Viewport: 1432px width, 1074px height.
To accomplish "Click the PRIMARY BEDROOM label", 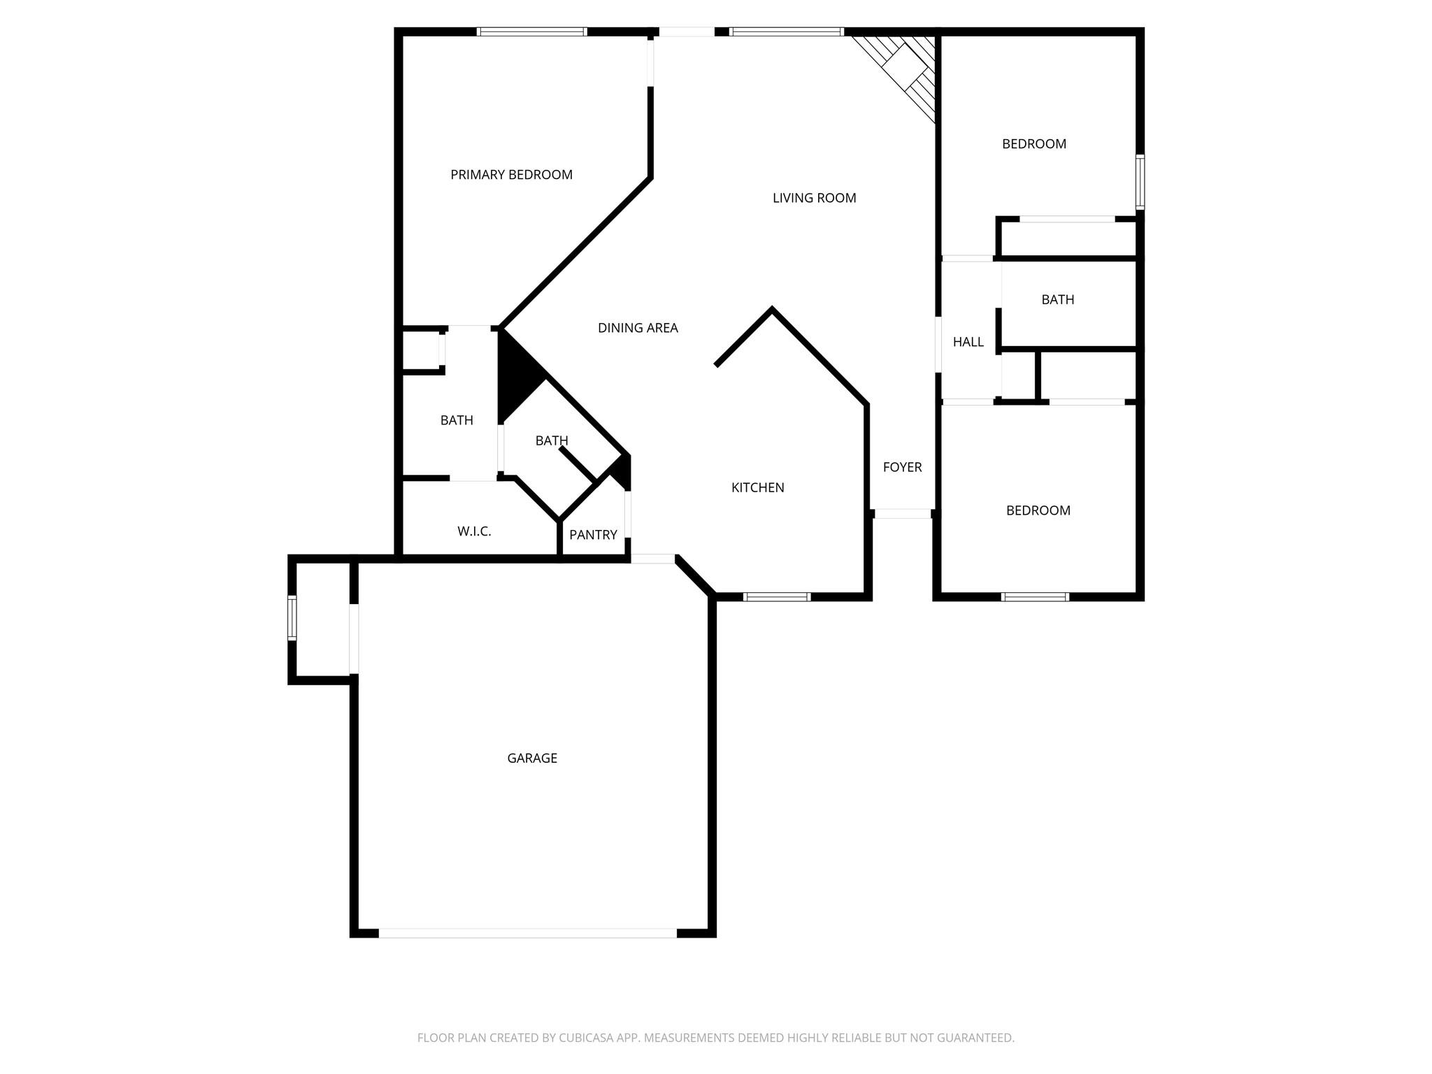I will pyautogui.click(x=511, y=175).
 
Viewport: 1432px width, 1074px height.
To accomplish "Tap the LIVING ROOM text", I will pyautogui.click(x=814, y=198).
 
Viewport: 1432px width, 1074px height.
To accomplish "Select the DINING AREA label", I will pyautogui.click(x=638, y=328).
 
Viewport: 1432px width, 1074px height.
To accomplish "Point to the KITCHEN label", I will pyautogui.click(x=757, y=487).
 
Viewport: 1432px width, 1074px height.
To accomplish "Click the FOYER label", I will pyautogui.click(x=902, y=467).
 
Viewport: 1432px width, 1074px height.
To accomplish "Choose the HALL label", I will pyautogui.click(x=968, y=342).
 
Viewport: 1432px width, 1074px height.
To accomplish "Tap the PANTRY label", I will pyautogui.click(x=593, y=535).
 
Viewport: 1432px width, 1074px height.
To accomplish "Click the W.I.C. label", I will pyautogui.click(x=474, y=531).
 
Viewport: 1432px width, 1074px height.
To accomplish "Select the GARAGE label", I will pyautogui.click(x=532, y=758).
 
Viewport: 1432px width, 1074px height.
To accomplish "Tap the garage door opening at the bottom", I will pyautogui.click(x=528, y=933).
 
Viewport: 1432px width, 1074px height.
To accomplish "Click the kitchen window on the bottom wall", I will pyautogui.click(x=776, y=596).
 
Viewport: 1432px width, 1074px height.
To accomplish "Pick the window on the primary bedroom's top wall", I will pyautogui.click(x=531, y=31).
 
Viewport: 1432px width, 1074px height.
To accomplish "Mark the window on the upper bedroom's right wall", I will pyautogui.click(x=1140, y=182).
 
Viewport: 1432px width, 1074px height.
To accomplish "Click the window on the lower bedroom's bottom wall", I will pyautogui.click(x=1035, y=596).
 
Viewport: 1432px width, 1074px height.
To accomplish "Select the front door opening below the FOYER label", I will pyautogui.click(x=903, y=514).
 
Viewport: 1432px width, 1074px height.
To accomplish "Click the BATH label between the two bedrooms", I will pyautogui.click(x=1057, y=299).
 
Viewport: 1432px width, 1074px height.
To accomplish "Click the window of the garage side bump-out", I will pyautogui.click(x=292, y=617).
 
